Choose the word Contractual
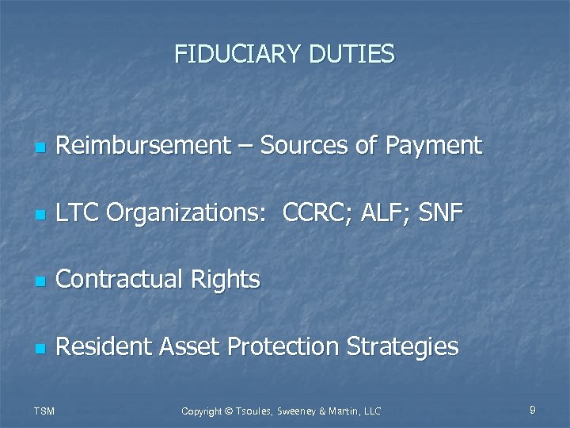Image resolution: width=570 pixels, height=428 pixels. click(121, 279)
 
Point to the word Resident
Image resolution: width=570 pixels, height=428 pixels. click(105, 346)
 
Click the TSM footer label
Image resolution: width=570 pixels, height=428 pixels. click(45, 411)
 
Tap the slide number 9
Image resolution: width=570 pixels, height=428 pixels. click(533, 410)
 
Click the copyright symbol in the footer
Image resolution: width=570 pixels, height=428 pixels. click(227, 411)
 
